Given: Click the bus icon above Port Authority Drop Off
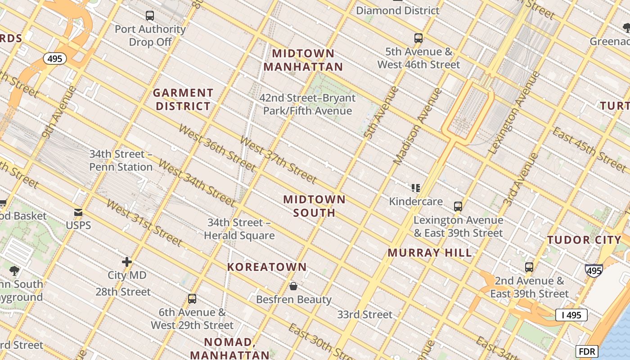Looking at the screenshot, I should click(150, 16).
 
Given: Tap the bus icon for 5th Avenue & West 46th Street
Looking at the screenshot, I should click(418, 38).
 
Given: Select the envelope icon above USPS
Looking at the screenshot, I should click(78, 212).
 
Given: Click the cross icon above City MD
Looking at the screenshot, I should click(127, 261).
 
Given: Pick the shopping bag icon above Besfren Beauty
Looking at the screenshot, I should click(293, 286).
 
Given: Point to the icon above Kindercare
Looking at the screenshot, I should click(415, 188).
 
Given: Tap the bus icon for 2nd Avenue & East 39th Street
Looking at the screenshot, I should click(529, 267).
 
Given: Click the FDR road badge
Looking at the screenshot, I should click(587, 351).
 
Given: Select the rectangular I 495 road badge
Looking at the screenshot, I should click(571, 315).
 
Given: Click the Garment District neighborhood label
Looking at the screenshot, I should click(182, 99).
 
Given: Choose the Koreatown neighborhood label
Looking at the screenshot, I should click(267, 267).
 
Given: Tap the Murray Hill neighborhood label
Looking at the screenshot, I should click(430, 252).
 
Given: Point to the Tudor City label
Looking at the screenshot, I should click(584, 240).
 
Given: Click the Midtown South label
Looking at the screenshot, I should click(315, 206).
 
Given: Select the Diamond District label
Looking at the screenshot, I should click(398, 10).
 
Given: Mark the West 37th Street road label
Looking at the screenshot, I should click(278, 160).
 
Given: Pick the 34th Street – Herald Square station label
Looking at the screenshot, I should click(239, 229).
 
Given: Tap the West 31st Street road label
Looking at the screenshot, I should click(144, 223).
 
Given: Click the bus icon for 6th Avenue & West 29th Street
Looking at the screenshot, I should click(192, 299).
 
